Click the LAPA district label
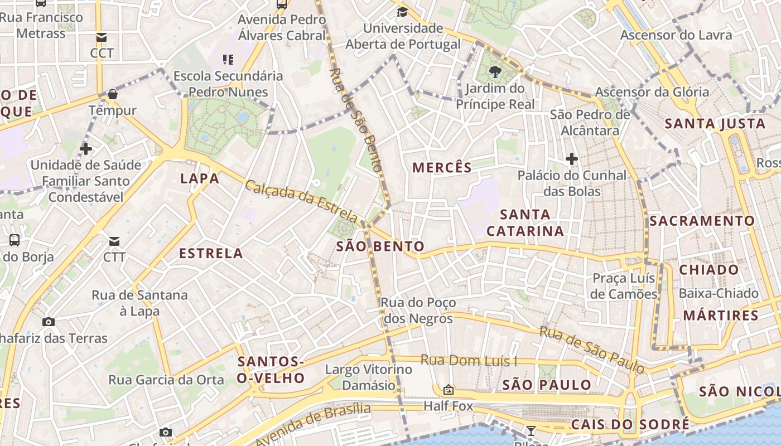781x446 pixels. (199, 178)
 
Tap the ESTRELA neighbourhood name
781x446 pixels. (211, 254)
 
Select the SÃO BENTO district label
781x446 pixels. (380, 246)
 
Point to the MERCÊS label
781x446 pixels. (442, 167)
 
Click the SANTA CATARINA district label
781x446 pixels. (525, 222)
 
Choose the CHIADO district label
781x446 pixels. (708, 270)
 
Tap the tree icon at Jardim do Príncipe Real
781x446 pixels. (494, 71)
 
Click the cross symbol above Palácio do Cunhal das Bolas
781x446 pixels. (572, 159)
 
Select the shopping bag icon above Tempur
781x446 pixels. (113, 94)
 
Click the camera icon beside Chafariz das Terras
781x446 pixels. (49, 322)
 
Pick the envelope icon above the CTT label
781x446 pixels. (114, 241)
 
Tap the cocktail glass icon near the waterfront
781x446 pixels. (531, 430)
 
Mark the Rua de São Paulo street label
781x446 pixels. (591, 350)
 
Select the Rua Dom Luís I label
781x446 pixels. (469, 361)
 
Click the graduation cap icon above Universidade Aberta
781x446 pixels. (402, 12)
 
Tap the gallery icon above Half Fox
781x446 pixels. (448, 390)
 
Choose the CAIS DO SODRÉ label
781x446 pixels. (630, 424)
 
